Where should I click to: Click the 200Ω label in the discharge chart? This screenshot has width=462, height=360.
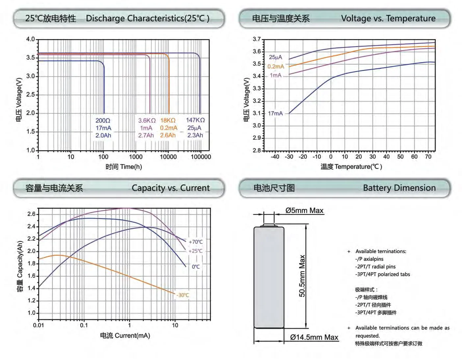point(103,121)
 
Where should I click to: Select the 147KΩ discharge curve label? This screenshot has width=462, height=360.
point(195,120)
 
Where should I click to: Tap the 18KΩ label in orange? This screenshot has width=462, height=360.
point(168,121)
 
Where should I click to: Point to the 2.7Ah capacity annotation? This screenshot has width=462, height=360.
point(146,135)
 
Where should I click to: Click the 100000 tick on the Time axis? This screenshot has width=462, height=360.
point(201,157)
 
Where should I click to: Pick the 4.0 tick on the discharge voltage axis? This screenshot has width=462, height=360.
point(30,39)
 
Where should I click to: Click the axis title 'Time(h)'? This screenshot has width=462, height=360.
point(131,167)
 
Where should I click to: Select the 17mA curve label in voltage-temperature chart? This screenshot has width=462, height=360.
point(275,113)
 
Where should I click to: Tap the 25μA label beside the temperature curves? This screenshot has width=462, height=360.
point(275,57)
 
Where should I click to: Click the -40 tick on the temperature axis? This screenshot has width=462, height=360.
point(275,157)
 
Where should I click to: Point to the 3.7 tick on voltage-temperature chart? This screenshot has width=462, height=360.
point(257,39)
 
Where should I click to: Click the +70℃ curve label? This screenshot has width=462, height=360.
point(195,242)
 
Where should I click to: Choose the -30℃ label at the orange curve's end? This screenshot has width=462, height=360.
point(183,295)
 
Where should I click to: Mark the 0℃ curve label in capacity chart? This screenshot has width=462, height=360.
point(196,267)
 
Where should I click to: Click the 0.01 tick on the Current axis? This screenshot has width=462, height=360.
point(38,325)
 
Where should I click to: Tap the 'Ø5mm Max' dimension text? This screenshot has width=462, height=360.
point(304,211)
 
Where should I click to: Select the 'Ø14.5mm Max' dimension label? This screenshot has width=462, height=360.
point(314,338)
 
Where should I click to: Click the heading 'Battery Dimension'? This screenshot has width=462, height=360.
point(399,188)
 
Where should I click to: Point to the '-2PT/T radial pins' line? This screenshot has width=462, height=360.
point(375,267)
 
